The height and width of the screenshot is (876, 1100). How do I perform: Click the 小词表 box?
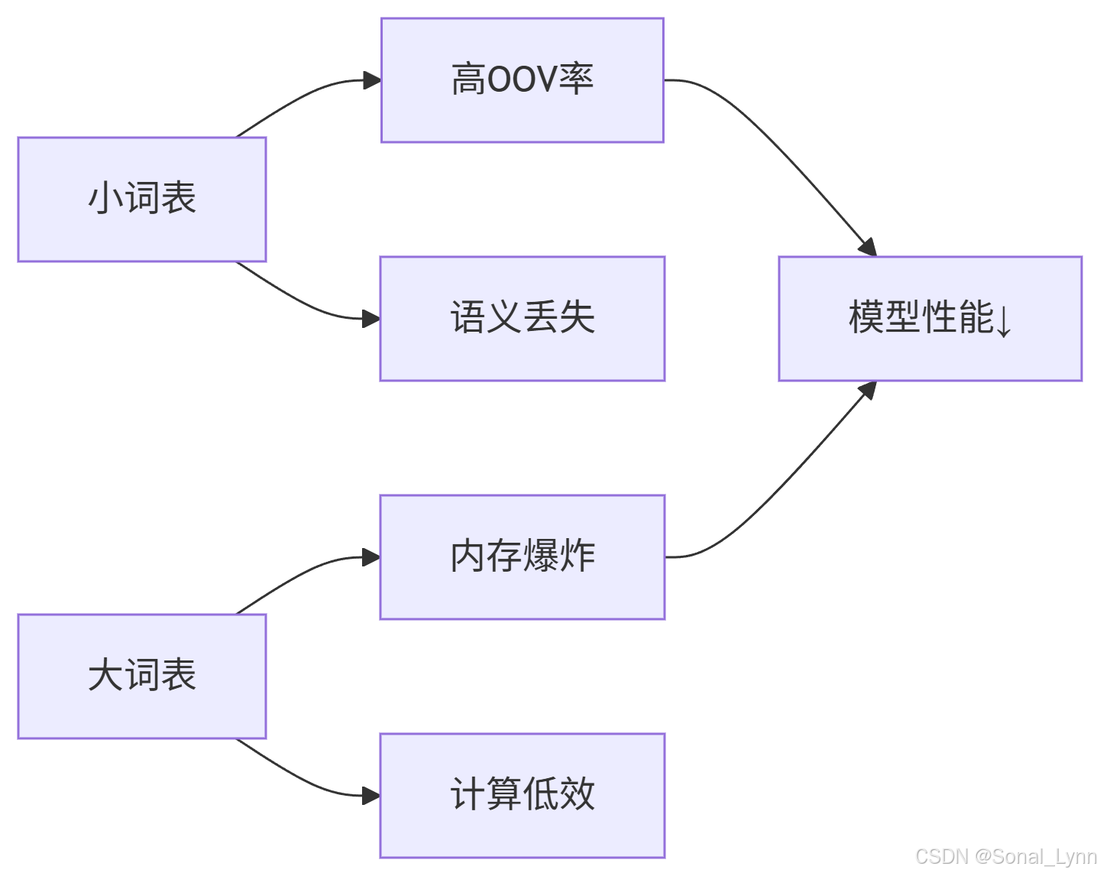[x=141, y=200]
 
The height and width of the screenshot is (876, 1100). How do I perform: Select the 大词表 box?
[x=141, y=676]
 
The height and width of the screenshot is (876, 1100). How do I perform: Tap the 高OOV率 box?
[x=522, y=80]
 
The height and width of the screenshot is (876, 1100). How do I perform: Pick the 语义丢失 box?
[x=522, y=319]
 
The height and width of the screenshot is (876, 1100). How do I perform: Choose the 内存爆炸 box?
[x=522, y=557]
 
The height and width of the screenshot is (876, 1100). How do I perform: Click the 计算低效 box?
[x=522, y=796]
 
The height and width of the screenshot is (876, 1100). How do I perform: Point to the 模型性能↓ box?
[x=930, y=319]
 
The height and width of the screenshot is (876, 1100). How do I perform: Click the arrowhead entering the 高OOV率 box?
[x=372, y=80]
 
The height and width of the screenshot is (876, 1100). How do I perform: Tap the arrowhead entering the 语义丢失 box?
[x=371, y=319]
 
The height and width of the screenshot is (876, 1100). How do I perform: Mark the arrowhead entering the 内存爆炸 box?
[x=371, y=557]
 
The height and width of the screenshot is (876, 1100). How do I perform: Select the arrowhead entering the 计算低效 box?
[x=371, y=796]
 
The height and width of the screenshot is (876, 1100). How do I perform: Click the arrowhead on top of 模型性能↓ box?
[x=868, y=248]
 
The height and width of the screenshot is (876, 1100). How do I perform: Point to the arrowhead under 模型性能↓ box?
[x=868, y=390]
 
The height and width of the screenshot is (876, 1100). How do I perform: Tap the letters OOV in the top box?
[x=522, y=80]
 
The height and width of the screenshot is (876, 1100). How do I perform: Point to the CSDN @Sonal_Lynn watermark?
[x=1006, y=857]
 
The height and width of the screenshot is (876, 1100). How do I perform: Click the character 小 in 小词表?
[x=105, y=198]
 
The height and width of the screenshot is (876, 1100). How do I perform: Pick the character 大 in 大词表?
[x=105, y=675]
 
